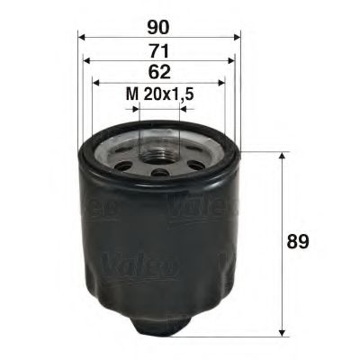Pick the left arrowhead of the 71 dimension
point(87,61)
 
